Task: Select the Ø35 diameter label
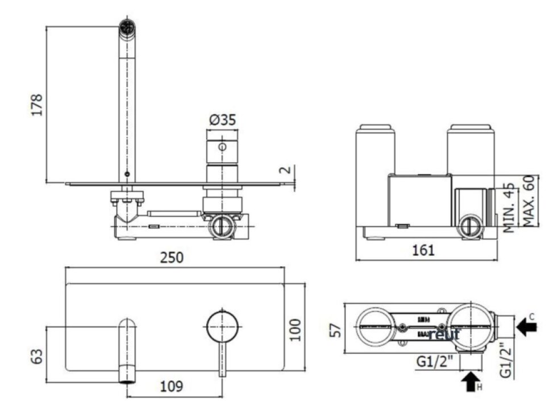[x=222, y=120]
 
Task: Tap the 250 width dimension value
[x=171, y=258]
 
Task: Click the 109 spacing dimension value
[x=171, y=387]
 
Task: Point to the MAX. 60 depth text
[x=530, y=200]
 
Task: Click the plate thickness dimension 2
[x=288, y=170]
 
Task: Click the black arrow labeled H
[x=471, y=381]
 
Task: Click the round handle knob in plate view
[x=222, y=326]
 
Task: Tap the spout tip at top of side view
[x=127, y=26]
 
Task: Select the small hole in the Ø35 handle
[x=222, y=147]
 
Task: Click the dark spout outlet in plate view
[x=128, y=379]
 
